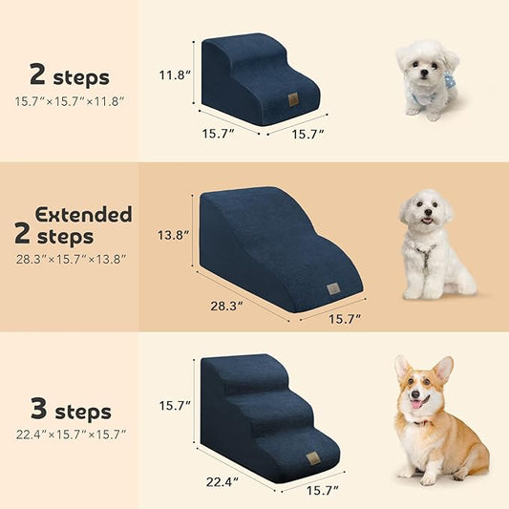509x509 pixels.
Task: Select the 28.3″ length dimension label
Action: click(x=227, y=306)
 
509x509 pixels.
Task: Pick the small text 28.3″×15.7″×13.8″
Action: click(x=70, y=259)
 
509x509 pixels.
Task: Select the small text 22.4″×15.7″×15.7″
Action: click(x=70, y=435)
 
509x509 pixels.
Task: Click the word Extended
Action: click(x=83, y=214)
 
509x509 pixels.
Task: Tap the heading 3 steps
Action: click(x=70, y=413)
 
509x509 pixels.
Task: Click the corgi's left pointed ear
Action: click(x=402, y=368)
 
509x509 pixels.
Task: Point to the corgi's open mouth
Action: click(x=419, y=402)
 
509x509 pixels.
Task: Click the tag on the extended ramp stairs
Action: click(x=332, y=287)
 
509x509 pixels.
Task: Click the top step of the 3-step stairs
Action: click(x=237, y=362)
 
